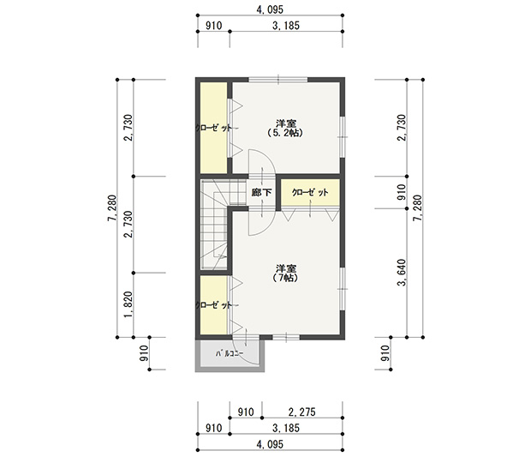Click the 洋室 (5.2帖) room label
point(286,128)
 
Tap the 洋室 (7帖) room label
point(286,274)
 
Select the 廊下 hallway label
point(261,192)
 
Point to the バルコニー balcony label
point(230,354)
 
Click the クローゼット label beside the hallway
point(310,192)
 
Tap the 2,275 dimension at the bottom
point(301,412)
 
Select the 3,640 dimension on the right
point(402,273)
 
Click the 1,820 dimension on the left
point(128,304)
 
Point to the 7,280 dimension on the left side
point(112,208)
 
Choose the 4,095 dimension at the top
point(270,9)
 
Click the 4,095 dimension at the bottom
point(270,444)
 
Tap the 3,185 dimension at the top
point(286,26)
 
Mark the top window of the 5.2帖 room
point(278,80)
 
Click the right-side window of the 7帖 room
point(343,288)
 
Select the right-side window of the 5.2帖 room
point(343,137)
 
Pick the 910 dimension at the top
point(214,26)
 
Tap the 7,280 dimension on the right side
point(418,208)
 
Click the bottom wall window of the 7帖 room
point(286,337)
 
